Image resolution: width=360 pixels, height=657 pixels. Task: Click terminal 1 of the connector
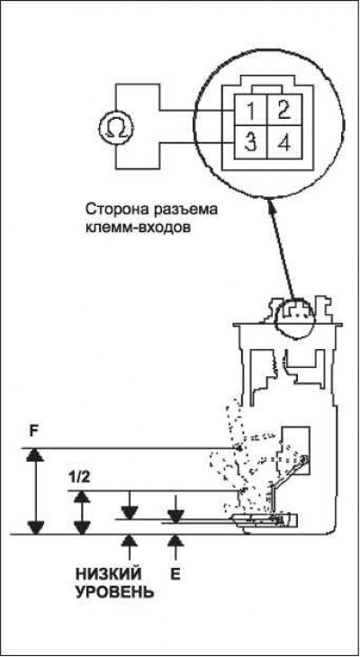(250, 111)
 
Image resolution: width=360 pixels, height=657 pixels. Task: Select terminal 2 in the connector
(284, 111)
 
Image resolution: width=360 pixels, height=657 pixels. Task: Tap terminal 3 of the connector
(250, 143)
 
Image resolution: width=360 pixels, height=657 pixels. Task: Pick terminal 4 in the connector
(284, 143)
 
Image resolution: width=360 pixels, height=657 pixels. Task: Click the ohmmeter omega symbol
(116, 126)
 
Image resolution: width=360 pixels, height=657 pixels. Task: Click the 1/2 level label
(78, 478)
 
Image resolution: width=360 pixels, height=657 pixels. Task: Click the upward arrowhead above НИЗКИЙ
(130, 541)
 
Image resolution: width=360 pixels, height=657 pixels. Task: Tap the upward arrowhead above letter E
(175, 541)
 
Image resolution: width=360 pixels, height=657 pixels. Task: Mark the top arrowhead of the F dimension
(35, 454)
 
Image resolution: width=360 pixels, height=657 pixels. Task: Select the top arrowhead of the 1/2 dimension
(82, 497)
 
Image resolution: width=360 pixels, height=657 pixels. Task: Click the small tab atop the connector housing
(268, 90)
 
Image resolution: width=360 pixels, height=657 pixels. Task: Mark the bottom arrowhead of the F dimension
(35, 528)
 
